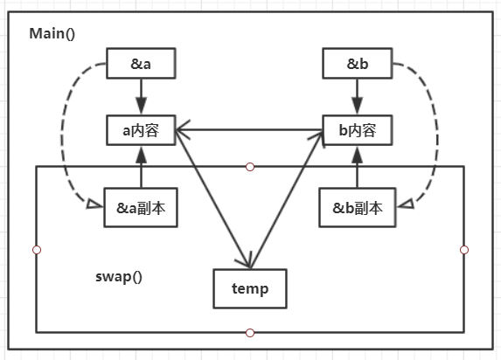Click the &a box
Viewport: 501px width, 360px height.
[141, 63]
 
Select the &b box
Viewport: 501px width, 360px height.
[358, 63]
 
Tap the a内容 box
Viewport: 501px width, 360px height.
[141, 130]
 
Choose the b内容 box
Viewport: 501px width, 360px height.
[358, 130]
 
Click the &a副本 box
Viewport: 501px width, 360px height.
[141, 208]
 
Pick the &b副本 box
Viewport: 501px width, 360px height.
[358, 208]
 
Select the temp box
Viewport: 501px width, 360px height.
[250, 288]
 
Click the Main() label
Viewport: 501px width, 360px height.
[52, 34]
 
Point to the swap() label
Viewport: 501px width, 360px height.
[119, 277]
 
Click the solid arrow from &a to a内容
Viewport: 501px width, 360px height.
[141, 96]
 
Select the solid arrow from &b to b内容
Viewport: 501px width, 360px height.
[358, 96]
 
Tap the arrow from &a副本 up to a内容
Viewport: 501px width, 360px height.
[141, 167]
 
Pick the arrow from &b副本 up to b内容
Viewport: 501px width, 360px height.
[358, 167]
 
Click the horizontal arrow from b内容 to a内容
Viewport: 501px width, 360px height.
[249, 130]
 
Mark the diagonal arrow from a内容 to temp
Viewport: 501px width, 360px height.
[212, 198]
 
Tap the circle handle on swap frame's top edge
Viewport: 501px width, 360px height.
[250, 167]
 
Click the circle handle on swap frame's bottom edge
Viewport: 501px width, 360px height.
[250, 333]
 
